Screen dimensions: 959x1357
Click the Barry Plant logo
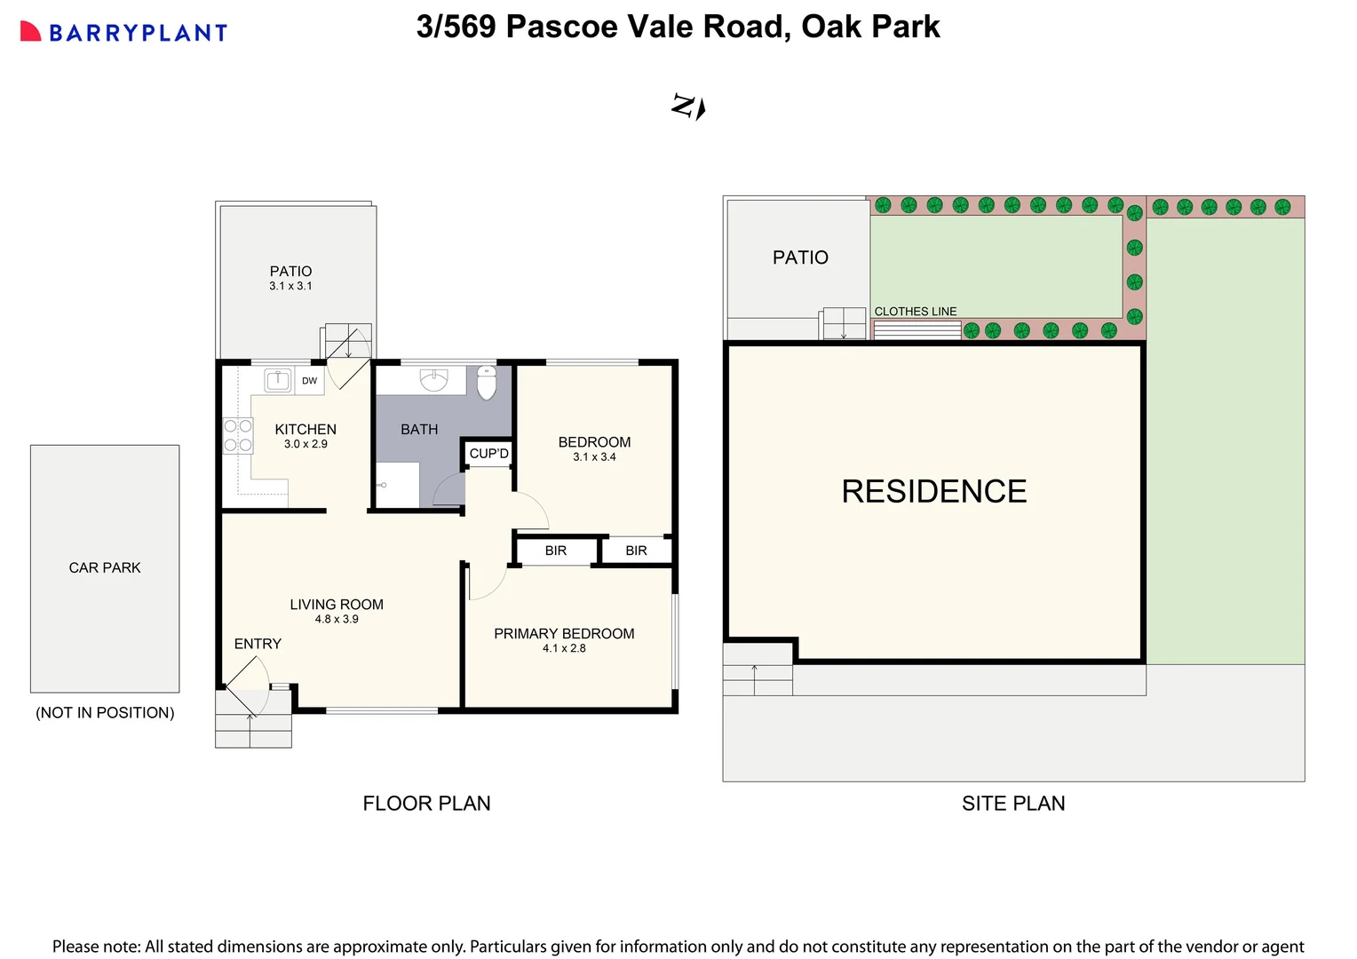click(124, 33)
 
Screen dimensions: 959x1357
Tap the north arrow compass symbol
click(688, 107)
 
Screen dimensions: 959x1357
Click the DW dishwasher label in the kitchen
click(309, 381)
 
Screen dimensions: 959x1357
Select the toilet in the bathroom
click(487, 382)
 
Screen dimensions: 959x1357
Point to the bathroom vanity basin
click(433, 379)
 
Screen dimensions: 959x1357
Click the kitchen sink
click(278, 381)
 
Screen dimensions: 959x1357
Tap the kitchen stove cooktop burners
click(238, 435)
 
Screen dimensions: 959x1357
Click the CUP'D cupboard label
click(488, 454)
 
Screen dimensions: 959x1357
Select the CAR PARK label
click(105, 567)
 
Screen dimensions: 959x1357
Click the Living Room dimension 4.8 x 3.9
click(337, 619)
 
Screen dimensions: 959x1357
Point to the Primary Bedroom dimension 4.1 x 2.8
click(564, 648)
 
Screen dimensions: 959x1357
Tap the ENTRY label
click(258, 644)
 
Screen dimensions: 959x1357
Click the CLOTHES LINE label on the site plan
click(916, 312)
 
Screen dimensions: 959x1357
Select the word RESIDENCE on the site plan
click(933, 491)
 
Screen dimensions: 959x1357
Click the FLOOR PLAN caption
click(426, 804)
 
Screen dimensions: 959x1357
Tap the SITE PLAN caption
click(1013, 804)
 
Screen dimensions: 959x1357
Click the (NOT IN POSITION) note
click(105, 713)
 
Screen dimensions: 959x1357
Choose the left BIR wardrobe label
click(556, 551)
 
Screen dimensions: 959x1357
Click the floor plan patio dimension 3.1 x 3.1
click(290, 286)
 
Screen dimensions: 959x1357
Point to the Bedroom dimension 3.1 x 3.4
click(594, 457)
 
